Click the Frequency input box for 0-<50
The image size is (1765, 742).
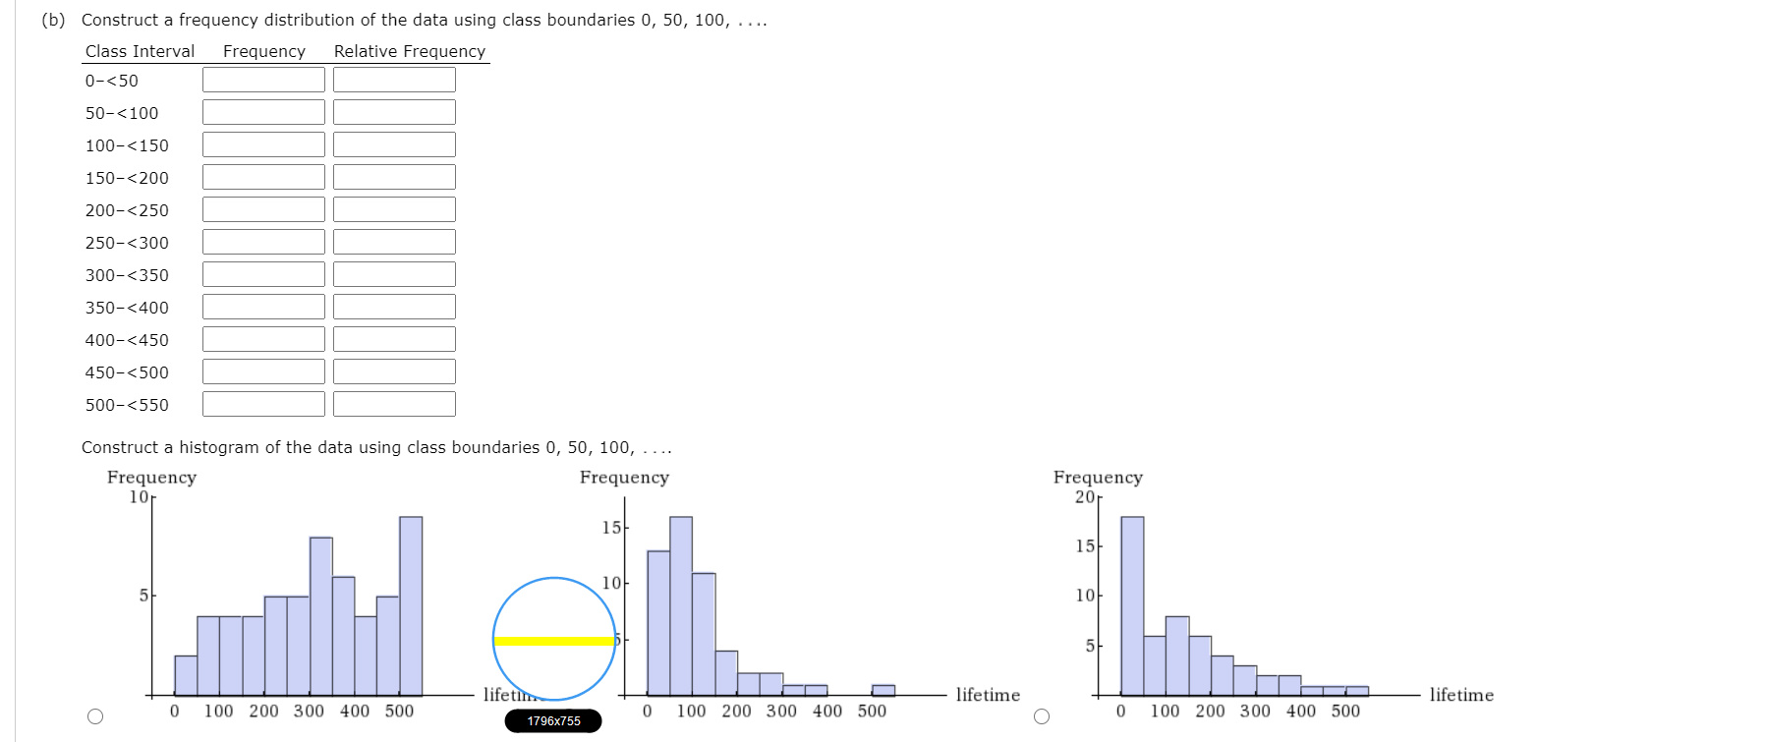(x=263, y=80)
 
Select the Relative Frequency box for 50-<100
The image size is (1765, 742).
(x=394, y=112)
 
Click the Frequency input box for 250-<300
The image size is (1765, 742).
(x=263, y=242)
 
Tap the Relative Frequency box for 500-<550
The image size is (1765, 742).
(x=394, y=404)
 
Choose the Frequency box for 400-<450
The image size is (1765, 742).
(x=263, y=339)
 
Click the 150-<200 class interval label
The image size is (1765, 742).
(x=127, y=178)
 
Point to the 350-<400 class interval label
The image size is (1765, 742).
(x=127, y=308)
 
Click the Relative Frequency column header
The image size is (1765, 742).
(x=409, y=51)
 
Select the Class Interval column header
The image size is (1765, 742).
(x=140, y=51)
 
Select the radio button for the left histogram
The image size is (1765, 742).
(x=95, y=716)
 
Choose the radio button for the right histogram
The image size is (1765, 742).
(x=1042, y=716)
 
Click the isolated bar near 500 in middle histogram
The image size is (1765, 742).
(x=883, y=690)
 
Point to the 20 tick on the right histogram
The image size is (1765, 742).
(x=1085, y=496)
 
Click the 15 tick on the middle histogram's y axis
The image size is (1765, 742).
(x=611, y=528)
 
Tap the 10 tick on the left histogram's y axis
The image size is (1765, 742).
(x=139, y=496)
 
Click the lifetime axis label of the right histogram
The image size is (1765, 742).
(x=1461, y=695)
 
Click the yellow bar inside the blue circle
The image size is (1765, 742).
(x=554, y=641)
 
